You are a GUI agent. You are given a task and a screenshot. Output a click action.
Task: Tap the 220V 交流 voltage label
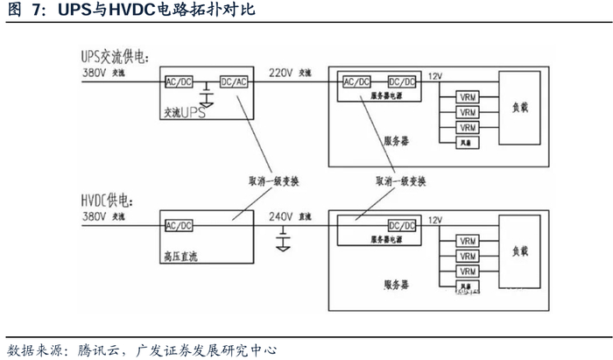tap(289, 72)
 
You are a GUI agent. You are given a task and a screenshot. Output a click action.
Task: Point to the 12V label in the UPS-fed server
tap(435, 77)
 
